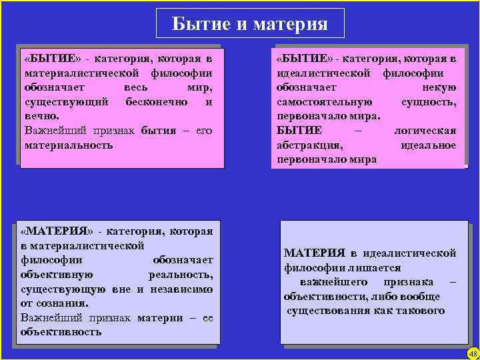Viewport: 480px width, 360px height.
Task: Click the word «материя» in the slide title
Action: click(290, 25)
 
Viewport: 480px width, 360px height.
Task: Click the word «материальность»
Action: click(69, 145)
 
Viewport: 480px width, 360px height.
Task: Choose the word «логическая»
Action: click(425, 131)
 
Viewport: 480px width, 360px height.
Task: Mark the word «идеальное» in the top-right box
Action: click(429, 145)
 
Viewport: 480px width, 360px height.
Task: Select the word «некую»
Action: click(439, 87)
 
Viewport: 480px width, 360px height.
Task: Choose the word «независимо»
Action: click(183, 289)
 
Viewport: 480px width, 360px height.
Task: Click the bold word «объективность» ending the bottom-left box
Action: click(61, 331)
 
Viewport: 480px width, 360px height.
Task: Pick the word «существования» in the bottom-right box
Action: click(328, 311)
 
